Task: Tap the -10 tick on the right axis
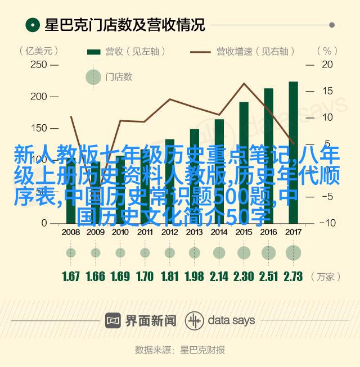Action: coord(327,223)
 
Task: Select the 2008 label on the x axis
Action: coord(70,232)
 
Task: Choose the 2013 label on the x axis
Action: coord(194,232)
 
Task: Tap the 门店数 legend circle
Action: coord(93,77)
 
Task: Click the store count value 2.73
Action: coord(293,276)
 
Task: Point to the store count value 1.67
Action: coord(71,276)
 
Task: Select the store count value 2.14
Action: coord(219,276)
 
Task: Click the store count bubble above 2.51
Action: coord(268,252)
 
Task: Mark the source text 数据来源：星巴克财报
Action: coord(179,350)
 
